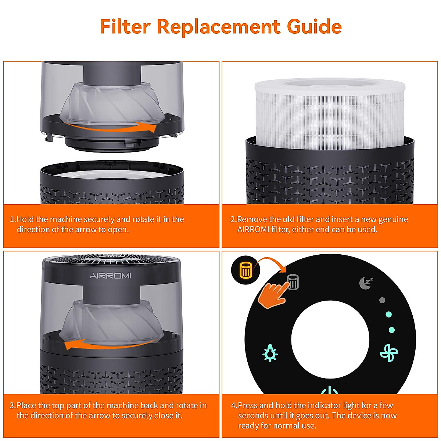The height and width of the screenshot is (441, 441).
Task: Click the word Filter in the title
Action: (125, 26)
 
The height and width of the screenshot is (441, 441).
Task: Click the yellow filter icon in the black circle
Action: (245, 271)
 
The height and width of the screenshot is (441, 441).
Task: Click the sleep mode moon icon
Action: (366, 283)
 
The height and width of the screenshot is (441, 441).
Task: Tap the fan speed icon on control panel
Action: (389, 353)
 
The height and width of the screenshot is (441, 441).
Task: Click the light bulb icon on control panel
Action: (270, 353)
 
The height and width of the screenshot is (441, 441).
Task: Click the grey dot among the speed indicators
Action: (382, 300)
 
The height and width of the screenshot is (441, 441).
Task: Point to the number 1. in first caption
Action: (13, 219)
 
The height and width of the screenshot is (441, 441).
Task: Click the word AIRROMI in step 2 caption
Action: (253, 229)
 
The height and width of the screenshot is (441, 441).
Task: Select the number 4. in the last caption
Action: (234, 406)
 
